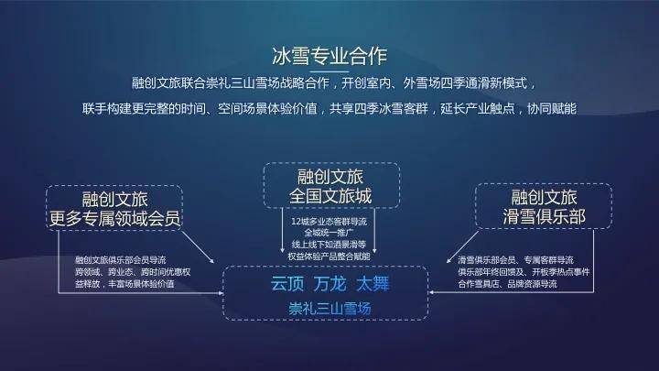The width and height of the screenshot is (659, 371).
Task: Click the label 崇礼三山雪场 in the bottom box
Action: pos(328,308)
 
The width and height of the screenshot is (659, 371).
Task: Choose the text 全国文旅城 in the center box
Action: pos(329,195)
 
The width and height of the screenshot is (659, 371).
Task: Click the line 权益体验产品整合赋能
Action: pos(329,256)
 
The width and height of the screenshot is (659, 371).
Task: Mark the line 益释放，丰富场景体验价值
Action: pos(124,284)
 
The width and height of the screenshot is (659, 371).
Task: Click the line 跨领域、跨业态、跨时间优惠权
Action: pos(133,272)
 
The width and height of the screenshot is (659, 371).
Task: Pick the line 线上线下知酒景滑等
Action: pos(329,245)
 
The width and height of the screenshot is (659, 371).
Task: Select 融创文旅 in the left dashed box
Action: pos(114,198)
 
